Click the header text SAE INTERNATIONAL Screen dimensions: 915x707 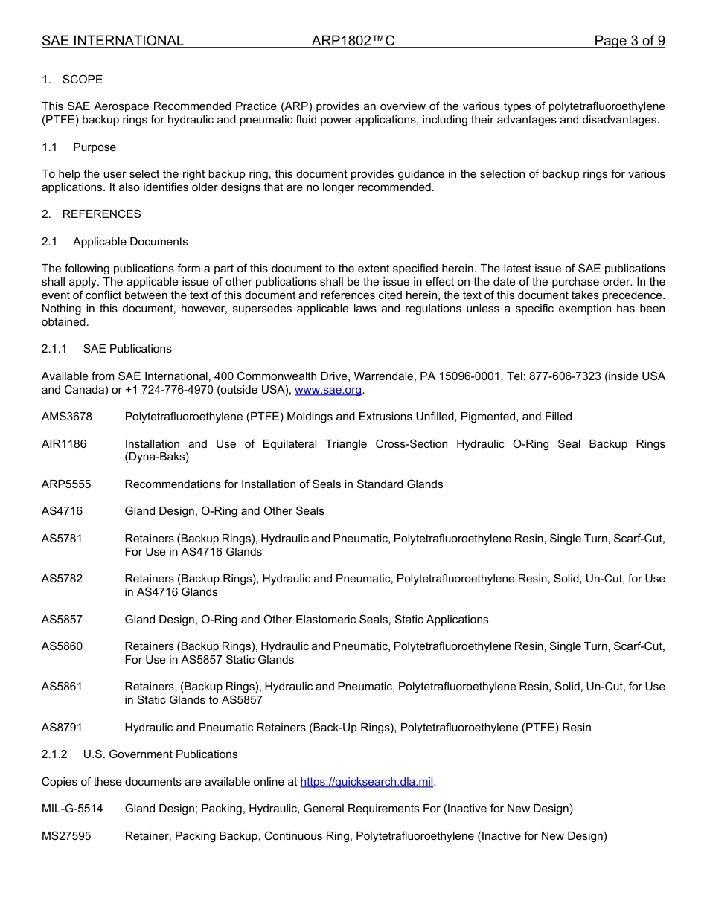coord(112,41)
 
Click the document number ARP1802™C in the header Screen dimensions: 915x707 coord(353,41)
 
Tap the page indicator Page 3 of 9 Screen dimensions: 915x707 coord(629,41)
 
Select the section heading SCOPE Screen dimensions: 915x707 coord(82,80)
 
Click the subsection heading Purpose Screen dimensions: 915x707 coord(94,147)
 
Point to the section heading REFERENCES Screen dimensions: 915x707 coord(101,214)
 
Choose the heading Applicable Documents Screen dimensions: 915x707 coord(130,242)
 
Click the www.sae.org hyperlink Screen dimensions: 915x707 coord(328,390)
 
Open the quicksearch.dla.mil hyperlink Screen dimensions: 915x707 coord(367,782)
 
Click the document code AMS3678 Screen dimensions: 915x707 coord(66,417)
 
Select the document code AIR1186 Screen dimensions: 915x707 coord(64,444)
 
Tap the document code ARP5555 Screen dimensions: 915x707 coord(66,484)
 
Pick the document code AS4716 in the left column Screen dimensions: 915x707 coord(62,511)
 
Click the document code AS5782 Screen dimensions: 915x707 coord(62,579)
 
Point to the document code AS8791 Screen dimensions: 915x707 coord(62,728)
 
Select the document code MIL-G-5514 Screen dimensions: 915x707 coord(72,809)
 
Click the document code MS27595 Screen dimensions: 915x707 coord(66,836)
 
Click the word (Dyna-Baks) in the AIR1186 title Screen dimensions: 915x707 coord(156,457)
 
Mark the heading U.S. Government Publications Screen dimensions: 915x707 coord(160,754)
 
